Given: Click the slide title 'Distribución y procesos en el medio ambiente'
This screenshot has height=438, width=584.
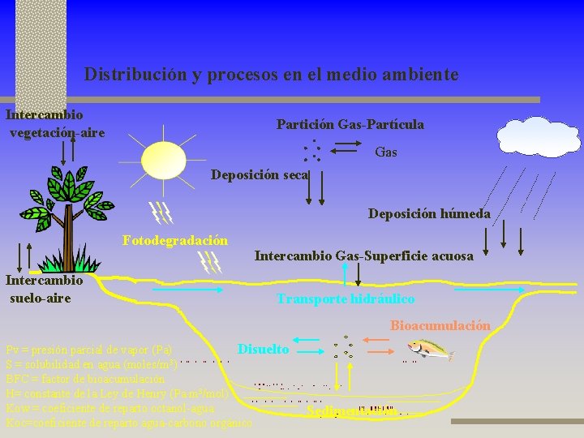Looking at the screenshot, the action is pos(271,75).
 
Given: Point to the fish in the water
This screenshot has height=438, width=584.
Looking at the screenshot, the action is pos(430,349).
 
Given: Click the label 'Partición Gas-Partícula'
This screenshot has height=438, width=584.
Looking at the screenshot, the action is pos(350,125).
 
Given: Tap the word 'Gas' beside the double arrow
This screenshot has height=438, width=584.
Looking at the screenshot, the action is pos(386,152).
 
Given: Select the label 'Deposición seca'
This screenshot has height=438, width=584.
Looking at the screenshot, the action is pos(259,174).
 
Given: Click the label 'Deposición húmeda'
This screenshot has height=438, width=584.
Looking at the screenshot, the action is pos(429,214).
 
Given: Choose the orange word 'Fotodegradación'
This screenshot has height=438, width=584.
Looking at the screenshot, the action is pos(175,240).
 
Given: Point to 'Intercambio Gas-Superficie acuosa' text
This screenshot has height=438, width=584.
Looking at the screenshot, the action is pos(363,256).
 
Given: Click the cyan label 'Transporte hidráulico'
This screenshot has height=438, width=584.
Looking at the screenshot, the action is pos(346,299).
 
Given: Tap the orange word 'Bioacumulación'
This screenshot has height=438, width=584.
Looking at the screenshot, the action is pos(440,325).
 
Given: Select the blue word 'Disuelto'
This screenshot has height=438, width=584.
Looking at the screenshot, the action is pos(263,349).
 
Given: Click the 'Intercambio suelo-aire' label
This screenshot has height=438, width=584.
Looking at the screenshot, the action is pos(44,290).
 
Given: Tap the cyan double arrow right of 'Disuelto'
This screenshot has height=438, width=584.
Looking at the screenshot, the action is pos(311,350).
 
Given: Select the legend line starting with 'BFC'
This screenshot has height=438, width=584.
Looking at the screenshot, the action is pos(85,379).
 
